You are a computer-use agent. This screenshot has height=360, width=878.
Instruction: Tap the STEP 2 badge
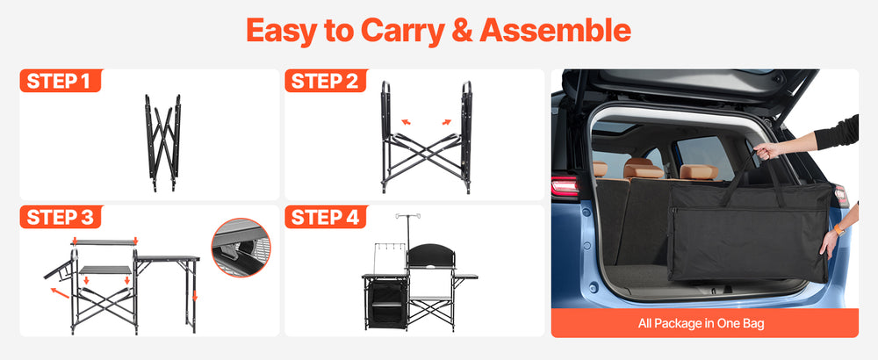[x=326, y=81]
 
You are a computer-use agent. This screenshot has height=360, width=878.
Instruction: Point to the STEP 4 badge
[x=326, y=217]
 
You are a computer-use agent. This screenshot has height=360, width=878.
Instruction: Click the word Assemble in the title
[x=556, y=30]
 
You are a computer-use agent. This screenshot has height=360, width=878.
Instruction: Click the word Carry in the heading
[x=403, y=32]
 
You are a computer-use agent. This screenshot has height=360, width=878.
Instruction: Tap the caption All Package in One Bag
[x=701, y=323]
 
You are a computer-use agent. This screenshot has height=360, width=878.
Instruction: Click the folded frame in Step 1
[x=163, y=143]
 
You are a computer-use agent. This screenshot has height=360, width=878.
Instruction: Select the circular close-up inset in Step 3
[x=241, y=248]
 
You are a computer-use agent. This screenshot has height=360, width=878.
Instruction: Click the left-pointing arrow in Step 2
[x=406, y=121]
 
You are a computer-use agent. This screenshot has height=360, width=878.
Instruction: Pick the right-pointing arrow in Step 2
[x=446, y=121]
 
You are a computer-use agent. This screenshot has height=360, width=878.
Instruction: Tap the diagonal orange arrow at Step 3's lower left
[x=60, y=292]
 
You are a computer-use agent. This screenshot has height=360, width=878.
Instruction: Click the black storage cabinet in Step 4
[x=385, y=301]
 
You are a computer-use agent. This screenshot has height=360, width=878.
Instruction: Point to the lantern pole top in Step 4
[x=407, y=215]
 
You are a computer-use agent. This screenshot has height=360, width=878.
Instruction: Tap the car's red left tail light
[x=565, y=186]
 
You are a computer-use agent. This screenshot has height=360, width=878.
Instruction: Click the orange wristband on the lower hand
[x=838, y=229]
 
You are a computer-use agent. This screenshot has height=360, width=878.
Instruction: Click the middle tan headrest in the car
[x=643, y=168]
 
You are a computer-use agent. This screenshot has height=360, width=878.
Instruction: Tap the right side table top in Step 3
[x=168, y=258]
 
